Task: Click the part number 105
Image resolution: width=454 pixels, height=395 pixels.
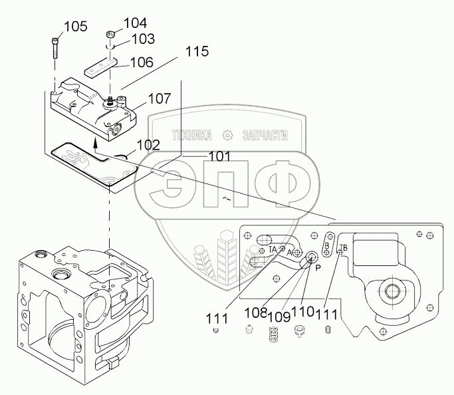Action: pyautogui.click(x=75, y=27)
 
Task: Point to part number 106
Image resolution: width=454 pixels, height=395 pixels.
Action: pyautogui.click(x=142, y=63)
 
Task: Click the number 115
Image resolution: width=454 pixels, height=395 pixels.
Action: pyautogui.click(x=197, y=51)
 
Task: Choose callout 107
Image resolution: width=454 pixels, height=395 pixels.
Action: pyautogui.click(x=160, y=98)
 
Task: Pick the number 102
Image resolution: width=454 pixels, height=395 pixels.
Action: pyautogui.click(x=148, y=145)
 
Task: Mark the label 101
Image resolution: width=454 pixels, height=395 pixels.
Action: pyautogui.click(x=219, y=158)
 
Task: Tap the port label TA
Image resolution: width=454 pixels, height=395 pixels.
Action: pyautogui.click(x=273, y=249)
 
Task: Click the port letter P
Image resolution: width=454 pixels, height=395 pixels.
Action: pyautogui.click(x=318, y=267)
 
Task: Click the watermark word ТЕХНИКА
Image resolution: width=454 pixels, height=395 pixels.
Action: pyautogui.click(x=191, y=136)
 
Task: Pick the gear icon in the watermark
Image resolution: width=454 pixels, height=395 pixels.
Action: pyautogui.click(x=227, y=135)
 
